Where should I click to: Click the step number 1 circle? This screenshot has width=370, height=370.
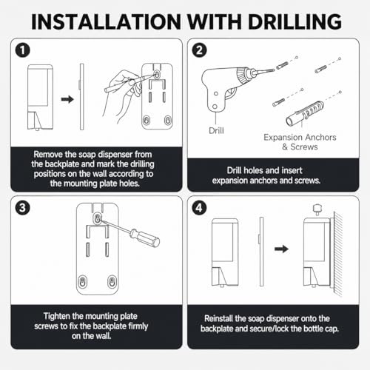point(23,50)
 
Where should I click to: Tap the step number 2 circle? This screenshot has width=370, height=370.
point(199,50)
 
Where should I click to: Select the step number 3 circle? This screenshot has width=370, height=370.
point(23,207)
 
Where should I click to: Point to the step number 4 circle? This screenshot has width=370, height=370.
point(199,207)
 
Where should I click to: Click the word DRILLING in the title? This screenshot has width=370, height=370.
point(295,21)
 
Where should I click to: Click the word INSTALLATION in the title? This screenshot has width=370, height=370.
point(106,21)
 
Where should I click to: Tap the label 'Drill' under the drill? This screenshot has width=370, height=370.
point(216,130)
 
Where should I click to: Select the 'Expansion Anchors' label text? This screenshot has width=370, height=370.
point(300,137)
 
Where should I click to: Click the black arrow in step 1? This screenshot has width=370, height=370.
point(67,99)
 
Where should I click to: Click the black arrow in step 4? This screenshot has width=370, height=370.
point(281,249)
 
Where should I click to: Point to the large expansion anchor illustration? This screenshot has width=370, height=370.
point(305,113)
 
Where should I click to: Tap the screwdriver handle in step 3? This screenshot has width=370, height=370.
point(145,238)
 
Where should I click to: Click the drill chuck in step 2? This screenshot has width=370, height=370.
point(243,76)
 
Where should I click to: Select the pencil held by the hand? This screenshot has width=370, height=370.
point(130,81)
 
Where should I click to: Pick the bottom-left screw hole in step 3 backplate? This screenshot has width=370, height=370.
point(83,281)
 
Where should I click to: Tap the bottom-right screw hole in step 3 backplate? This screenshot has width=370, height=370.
point(112,281)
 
